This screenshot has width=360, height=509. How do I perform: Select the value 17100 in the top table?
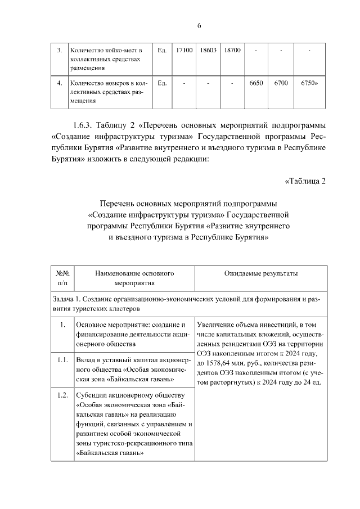click(184, 51)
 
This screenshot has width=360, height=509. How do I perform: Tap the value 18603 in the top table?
click(208, 51)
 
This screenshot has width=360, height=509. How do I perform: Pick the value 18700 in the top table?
click(232, 51)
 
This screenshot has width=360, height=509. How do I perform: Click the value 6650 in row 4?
click(256, 83)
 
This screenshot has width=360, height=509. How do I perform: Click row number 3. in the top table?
click(60, 51)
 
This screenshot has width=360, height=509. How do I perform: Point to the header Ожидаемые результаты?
click(260, 273)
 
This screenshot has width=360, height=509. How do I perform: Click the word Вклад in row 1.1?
click(86, 360)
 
